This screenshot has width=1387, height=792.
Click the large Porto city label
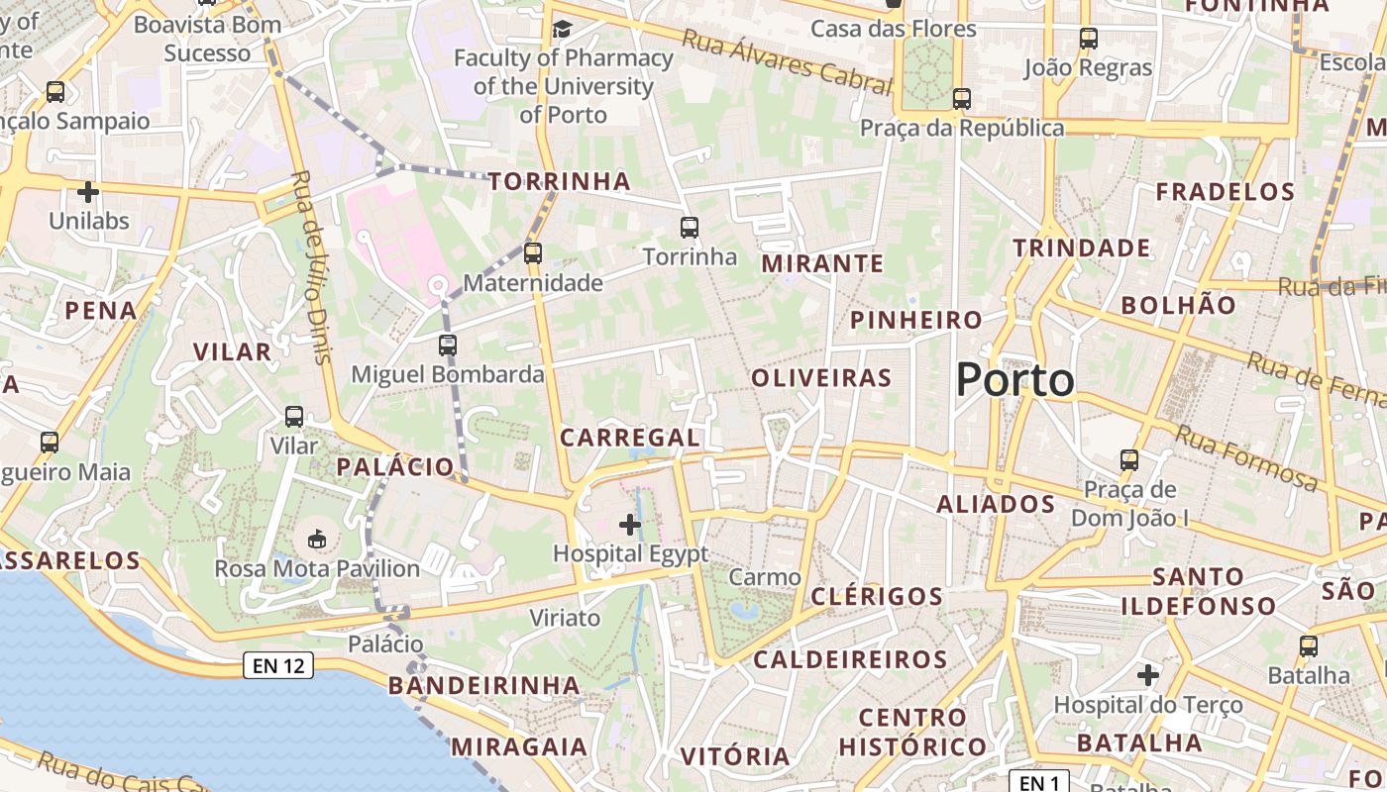coord(1015,380)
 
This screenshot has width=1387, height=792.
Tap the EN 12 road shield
coord(278,665)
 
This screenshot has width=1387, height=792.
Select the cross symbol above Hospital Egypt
coord(630,524)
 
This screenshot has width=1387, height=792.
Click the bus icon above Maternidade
coord(533,252)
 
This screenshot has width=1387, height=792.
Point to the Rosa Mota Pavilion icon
coord(317,539)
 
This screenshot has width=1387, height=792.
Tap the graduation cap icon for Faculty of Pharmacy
coord(562,28)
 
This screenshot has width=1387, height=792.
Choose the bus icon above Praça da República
coord(961,99)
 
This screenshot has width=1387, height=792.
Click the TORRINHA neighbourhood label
coord(560,181)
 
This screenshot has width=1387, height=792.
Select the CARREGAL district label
coord(630,437)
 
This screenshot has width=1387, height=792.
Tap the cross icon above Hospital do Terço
coord(1147,675)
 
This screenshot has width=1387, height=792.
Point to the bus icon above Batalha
coord(1309,646)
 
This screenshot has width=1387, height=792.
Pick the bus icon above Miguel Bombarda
coord(448,345)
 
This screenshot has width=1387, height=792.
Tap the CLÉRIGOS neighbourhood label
coord(877,596)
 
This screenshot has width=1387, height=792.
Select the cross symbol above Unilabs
coord(88,191)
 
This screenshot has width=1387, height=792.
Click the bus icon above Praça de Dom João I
coord(1129,459)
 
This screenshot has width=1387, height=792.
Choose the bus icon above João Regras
coord(1088,39)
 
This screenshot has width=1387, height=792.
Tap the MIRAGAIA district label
coord(519,746)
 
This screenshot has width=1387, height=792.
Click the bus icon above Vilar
coord(294,417)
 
